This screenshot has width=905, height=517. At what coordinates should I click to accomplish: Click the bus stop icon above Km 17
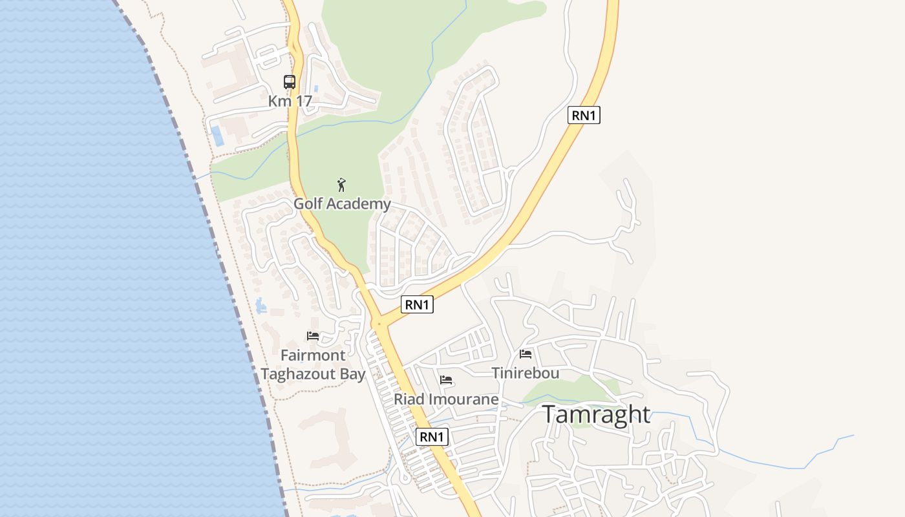pyautogui.click(x=290, y=82)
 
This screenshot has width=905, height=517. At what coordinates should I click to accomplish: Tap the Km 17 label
pyautogui.click(x=290, y=101)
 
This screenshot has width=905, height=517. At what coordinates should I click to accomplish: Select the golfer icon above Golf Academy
pyautogui.click(x=342, y=185)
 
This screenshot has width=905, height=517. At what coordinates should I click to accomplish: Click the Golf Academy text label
pyautogui.click(x=342, y=204)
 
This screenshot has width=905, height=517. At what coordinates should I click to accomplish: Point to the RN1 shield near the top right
pyautogui.click(x=584, y=116)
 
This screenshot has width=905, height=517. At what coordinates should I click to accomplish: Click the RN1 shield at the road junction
pyautogui.click(x=417, y=304)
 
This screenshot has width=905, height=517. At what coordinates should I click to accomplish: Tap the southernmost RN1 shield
pyautogui.click(x=432, y=437)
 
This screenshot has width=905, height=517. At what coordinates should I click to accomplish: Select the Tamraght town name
pyautogui.click(x=596, y=414)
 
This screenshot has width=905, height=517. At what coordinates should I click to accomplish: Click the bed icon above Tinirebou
pyautogui.click(x=526, y=354)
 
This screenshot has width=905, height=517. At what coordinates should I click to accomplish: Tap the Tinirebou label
pyautogui.click(x=526, y=373)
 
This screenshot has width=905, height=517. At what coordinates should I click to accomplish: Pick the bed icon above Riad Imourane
pyautogui.click(x=446, y=380)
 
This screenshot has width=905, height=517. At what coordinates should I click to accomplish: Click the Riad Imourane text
pyautogui.click(x=446, y=399)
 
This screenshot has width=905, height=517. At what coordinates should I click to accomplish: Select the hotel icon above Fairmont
pyautogui.click(x=313, y=336)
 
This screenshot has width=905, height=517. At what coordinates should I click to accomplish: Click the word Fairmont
pyautogui.click(x=313, y=355)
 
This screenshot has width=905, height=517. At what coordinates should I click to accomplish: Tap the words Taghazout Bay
pyautogui.click(x=313, y=374)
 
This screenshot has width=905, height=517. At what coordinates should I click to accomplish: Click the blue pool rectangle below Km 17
pyautogui.click(x=217, y=136)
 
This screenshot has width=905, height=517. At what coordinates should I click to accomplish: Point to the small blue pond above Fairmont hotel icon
pyautogui.click(x=261, y=306)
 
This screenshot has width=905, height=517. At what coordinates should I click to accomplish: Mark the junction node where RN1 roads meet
pyautogui.click(x=379, y=322)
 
